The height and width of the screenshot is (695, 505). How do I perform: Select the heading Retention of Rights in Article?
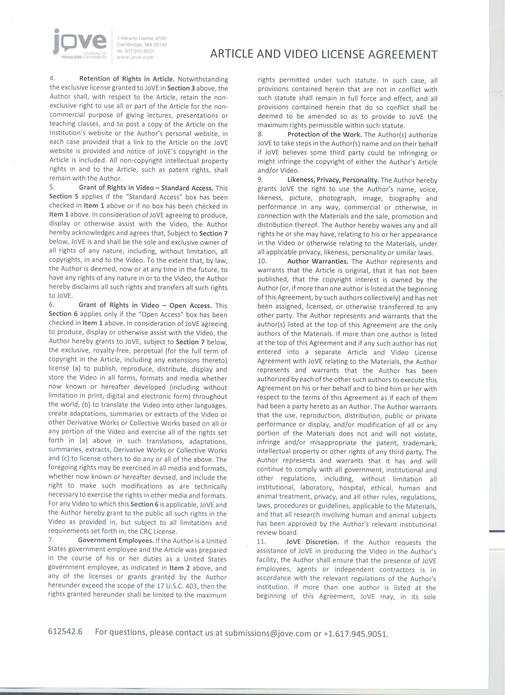coord(127,79)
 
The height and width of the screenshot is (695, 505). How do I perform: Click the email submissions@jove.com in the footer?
coord(268,633)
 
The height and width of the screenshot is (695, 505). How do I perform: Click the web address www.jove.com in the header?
coord(135,57)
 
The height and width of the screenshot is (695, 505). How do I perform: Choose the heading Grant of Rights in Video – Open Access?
coord(145,305)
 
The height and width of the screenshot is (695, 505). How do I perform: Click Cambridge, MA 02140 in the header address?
coord(142,45)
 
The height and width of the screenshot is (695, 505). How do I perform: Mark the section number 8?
coord(260,134)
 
